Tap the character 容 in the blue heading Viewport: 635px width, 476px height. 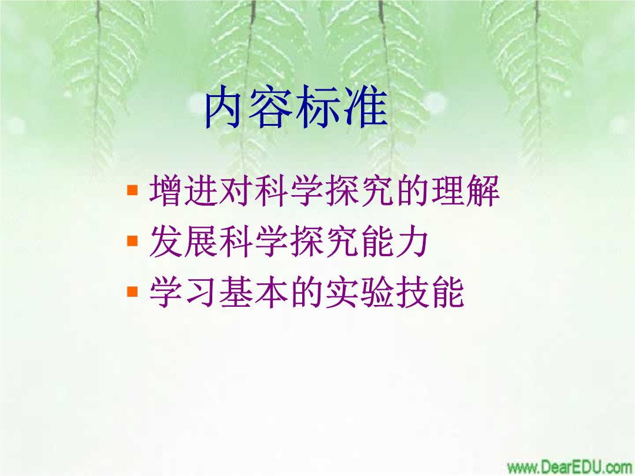click(x=270, y=108)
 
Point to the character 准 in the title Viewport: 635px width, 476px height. click(x=366, y=108)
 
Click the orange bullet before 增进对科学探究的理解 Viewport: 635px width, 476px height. click(x=132, y=190)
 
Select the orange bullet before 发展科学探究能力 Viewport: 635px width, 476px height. click(x=132, y=241)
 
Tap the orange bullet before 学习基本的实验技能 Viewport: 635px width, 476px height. click(x=132, y=291)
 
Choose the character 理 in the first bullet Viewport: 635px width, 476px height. click(x=448, y=190)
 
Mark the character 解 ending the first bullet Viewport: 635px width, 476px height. click(x=483, y=190)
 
